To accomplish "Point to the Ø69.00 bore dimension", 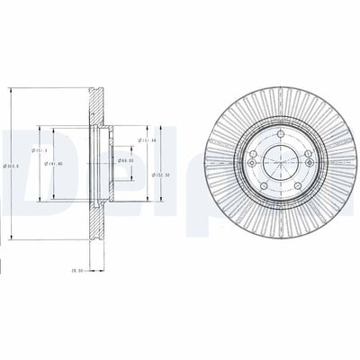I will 125,162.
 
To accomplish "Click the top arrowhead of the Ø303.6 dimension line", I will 12,89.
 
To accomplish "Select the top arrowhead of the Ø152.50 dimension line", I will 160,125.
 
